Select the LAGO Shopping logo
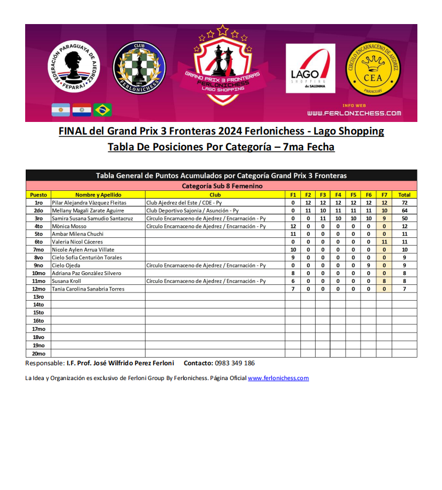[310, 68]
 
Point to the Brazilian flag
[102, 109]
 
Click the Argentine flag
[61, 109]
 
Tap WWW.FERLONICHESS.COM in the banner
[354, 113]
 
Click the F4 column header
[338, 195]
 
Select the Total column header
[404, 195]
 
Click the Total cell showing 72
[404, 202]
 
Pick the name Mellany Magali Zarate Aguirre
[88, 211]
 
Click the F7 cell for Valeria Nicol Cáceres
[384, 242]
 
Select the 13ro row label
[38, 296]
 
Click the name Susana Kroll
[65, 281]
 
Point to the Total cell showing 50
[404, 218]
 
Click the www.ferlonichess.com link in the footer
[278, 378]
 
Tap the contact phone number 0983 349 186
[235, 363]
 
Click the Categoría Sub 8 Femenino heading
[222, 186]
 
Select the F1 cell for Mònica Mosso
[293, 226]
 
